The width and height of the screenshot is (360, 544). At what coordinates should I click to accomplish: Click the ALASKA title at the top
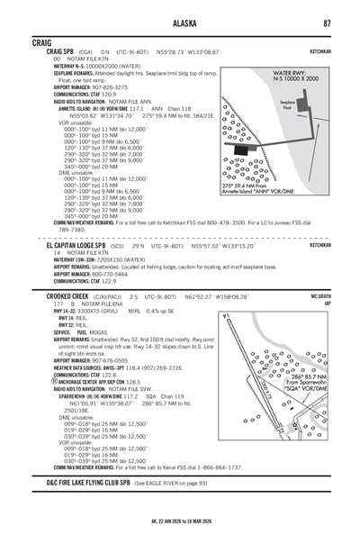(x=180, y=24)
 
